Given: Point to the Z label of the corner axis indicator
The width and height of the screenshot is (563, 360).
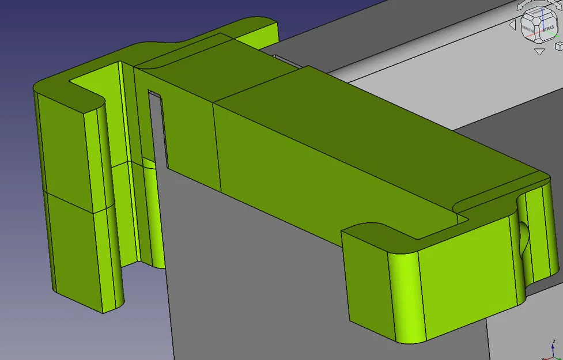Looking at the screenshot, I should (x=553, y=342).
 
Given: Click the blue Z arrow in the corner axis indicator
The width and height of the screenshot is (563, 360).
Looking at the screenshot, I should (x=551, y=349).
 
